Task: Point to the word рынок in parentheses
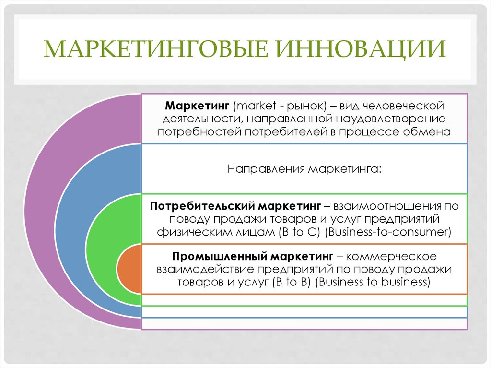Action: [300, 105]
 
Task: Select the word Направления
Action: [265, 169]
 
